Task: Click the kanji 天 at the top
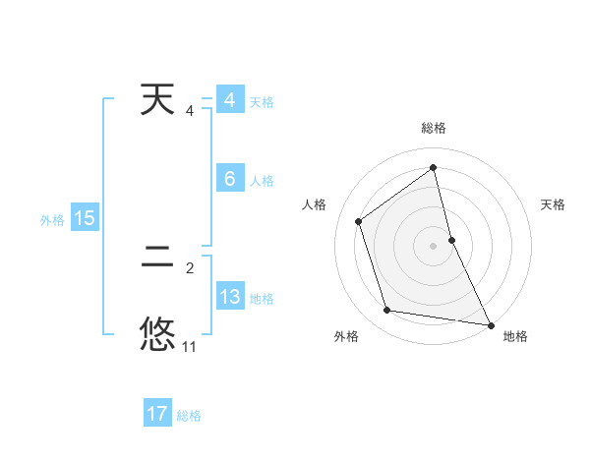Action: pos(158,101)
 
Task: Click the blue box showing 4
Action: pos(230,101)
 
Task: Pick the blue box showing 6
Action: pos(230,179)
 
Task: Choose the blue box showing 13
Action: pos(230,297)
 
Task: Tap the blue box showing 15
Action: pos(85,218)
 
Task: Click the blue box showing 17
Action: pos(157,414)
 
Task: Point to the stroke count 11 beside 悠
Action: pos(190,346)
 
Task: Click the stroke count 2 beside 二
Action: pos(190,267)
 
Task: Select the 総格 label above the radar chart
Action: pos(434,128)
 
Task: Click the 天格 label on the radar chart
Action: pos(553,204)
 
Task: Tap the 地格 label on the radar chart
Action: pos(515,336)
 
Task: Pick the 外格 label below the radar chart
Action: pos(346,336)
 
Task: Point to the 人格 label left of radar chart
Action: pos(315,204)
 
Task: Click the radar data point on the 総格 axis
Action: pos(434,167)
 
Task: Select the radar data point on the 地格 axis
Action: pos(490,323)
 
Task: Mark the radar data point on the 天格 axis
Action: pos(451,239)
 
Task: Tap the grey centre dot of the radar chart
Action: pos(434,245)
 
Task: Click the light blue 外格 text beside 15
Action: pos(52,220)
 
